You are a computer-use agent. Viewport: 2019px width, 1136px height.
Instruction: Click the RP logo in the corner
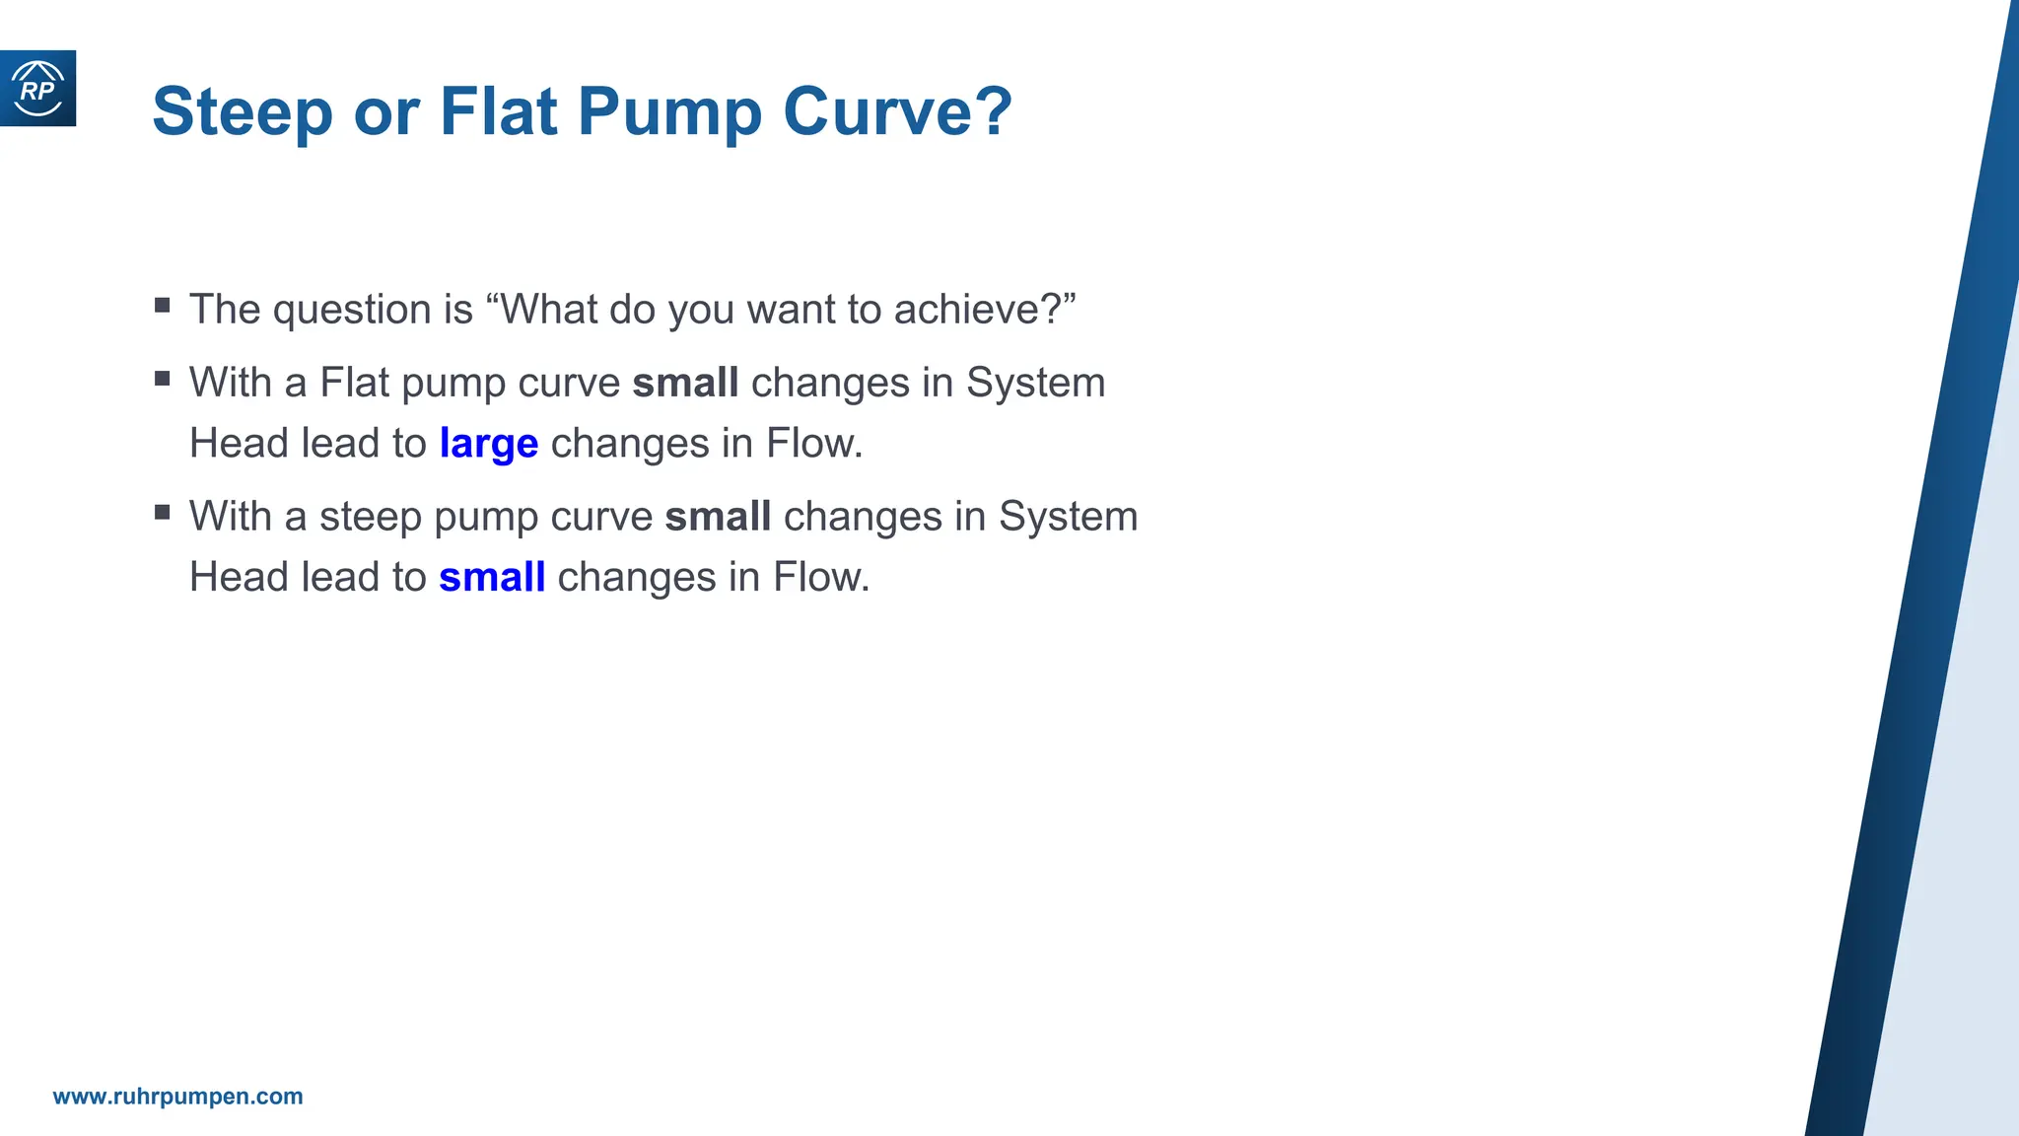(x=37, y=89)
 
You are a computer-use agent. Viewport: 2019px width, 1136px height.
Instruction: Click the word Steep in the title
(x=243, y=111)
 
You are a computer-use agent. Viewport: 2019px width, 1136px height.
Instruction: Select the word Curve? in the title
(x=897, y=111)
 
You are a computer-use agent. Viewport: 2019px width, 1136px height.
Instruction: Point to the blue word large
(x=489, y=444)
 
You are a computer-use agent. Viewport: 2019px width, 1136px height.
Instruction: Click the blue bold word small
(x=492, y=578)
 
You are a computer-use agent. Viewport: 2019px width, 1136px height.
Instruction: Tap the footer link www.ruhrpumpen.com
(x=177, y=1097)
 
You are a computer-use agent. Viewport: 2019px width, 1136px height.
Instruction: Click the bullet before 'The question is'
(x=163, y=306)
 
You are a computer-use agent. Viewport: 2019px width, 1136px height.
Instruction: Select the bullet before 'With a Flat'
(x=163, y=379)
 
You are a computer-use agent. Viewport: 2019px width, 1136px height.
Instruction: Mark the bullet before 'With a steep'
(x=163, y=512)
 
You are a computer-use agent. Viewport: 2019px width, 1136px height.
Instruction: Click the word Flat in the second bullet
(x=355, y=383)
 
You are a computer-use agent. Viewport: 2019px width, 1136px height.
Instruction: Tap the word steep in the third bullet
(x=371, y=517)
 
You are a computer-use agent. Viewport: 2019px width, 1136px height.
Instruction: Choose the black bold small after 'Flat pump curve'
(x=685, y=383)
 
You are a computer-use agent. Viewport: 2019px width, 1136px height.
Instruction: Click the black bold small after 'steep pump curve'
(x=718, y=517)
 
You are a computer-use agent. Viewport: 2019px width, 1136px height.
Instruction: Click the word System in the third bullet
(x=1068, y=517)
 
